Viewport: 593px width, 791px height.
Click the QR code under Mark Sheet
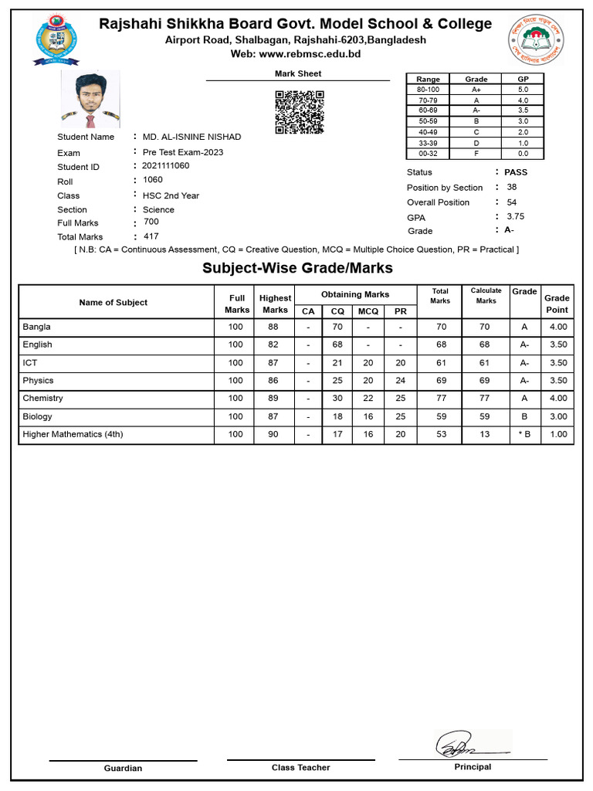point(300,112)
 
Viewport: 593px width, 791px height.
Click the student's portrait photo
point(90,99)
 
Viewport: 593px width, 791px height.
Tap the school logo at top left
point(56,39)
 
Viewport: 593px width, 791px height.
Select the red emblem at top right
point(536,39)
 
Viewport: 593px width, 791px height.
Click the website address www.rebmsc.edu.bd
point(310,54)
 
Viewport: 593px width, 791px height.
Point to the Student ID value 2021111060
point(165,166)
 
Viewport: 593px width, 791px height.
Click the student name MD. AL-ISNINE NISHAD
point(191,137)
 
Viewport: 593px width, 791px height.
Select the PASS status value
point(516,172)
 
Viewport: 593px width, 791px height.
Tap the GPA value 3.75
point(516,216)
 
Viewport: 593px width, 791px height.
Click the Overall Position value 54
point(512,202)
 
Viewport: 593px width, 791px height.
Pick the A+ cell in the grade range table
point(476,90)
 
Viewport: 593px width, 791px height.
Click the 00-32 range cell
point(428,153)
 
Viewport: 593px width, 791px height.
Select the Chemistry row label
point(43,399)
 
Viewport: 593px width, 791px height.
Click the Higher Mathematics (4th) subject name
point(73,434)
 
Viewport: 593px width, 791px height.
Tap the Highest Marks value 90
point(273,434)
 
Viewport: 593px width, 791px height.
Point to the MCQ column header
point(368,311)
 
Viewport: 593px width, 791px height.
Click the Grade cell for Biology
point(525,416)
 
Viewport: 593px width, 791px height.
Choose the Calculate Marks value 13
point(485,434)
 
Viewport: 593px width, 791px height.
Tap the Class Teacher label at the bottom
point(300,768)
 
